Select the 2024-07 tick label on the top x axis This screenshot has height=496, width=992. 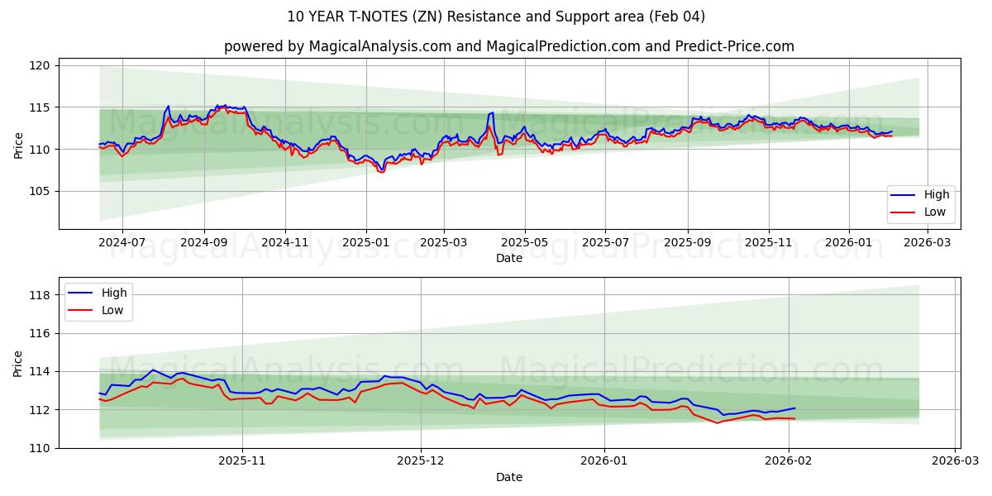(122, 243)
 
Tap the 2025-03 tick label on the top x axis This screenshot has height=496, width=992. (444, 243)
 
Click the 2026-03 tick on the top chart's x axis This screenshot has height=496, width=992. (928, 243)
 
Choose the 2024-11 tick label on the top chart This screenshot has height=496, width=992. (284, 243)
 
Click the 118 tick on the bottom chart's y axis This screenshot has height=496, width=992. (40, 295)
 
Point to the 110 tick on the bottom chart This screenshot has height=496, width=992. (40, 448)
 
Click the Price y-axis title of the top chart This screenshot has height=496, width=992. (18, 145)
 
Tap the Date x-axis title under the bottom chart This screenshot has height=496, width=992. (509, 477)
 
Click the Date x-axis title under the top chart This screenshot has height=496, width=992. (509, 258)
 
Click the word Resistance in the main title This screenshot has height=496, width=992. (468, 17)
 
